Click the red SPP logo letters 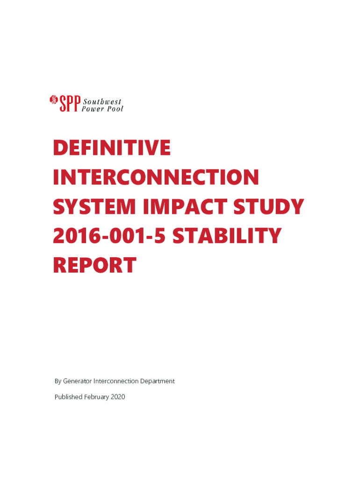point(70,103)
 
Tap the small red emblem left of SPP point(54,100)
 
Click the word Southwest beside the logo point(102,102)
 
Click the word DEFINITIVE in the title point(112,147)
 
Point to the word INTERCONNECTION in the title point(156,177)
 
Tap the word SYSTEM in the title point(94,206)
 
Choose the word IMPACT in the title point(185,206)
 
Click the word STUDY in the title point(269,206)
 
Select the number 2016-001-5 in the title point(109,236)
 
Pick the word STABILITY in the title point(227,236)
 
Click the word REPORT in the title point(94,265)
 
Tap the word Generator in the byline point(77,381)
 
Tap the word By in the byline point(58,381)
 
